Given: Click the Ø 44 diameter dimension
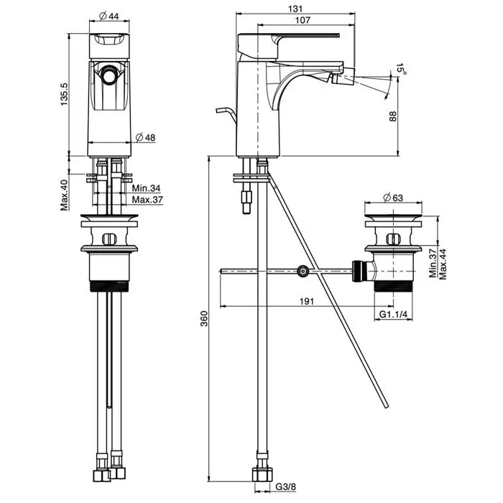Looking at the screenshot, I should pos(109,16).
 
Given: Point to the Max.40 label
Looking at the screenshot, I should pos(64,194).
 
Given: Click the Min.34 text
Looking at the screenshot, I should pos(145,188).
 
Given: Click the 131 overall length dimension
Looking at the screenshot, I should pos(296,9).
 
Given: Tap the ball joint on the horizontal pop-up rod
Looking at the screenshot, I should pos(303,271).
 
